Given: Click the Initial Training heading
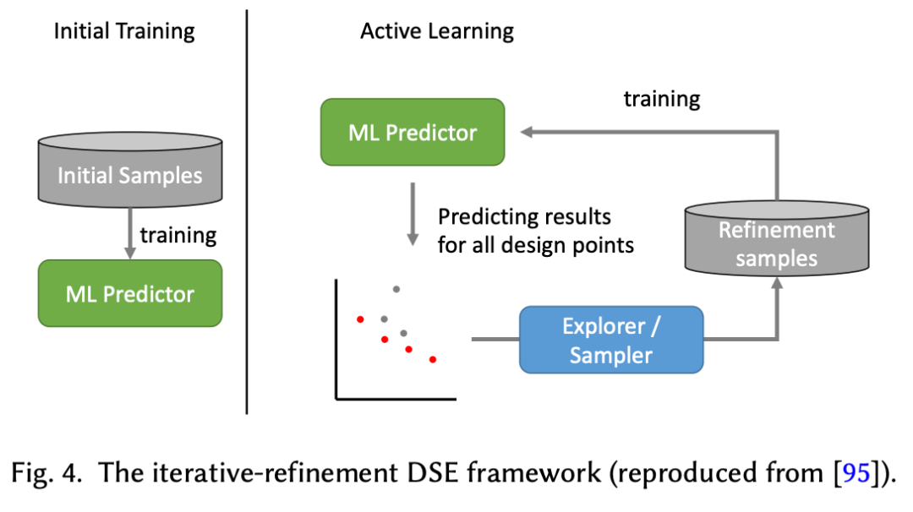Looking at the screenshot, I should (x=124, y=32).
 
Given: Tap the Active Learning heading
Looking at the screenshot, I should (x=436, y=32).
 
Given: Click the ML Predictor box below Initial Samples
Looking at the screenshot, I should (x=129, y=293).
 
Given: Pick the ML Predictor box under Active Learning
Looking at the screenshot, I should (x=413, y=132).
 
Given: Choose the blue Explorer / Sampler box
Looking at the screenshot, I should (x=610, y=340).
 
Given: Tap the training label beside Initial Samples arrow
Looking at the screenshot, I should (x=178, y=234).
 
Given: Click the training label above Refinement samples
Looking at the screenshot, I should (x=662, y=99).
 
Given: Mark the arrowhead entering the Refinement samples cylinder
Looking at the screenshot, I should (x=775, y=284).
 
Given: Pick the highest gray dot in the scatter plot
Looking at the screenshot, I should (x=396, y=289).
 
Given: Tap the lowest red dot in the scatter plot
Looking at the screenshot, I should (x=433, y=360).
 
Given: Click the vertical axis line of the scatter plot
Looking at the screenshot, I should (x=336, y=338).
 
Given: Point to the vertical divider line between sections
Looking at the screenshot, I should (x=247, y=211).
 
